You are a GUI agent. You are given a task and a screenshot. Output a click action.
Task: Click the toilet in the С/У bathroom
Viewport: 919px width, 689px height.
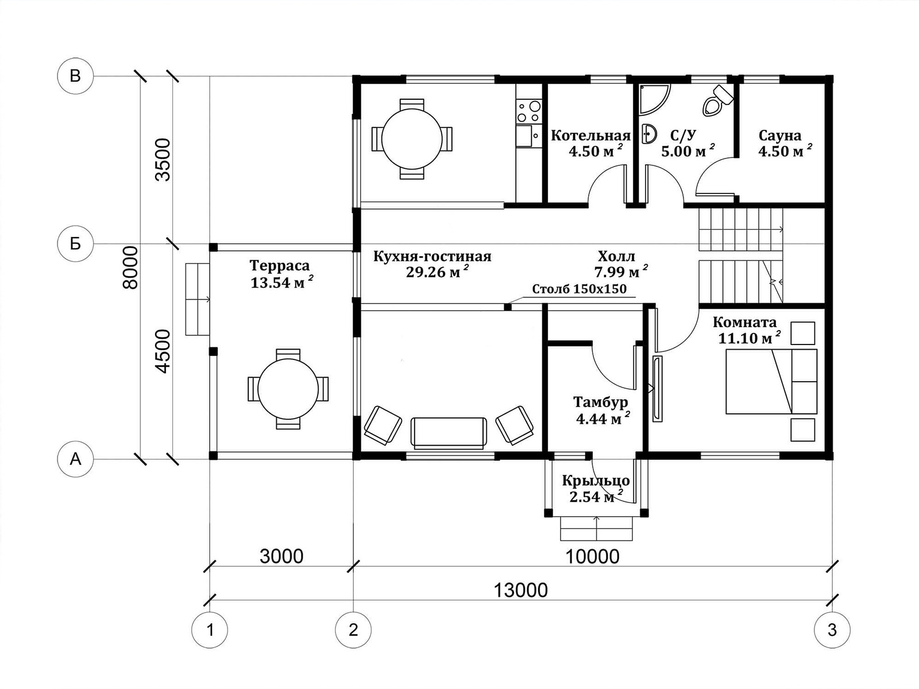[x=717, y=101]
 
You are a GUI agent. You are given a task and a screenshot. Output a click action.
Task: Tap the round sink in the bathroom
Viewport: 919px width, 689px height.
[x=647, y=134]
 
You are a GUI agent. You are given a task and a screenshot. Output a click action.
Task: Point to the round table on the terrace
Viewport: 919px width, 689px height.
[x=288, y=389]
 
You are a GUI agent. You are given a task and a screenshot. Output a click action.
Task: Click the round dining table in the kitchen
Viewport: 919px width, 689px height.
[x=412, y=138]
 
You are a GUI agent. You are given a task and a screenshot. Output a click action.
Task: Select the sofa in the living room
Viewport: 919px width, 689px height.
[x=449, y=432]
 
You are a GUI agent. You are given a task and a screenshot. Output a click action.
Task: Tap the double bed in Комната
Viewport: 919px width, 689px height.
[x=771, y=381]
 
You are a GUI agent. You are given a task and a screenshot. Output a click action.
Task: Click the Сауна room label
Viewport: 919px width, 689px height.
[x=780, y=136]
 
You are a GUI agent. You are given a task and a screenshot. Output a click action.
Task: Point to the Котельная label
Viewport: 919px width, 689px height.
[x=591, y=136]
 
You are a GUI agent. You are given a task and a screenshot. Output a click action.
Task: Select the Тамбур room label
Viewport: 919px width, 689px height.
[x=600, y=402]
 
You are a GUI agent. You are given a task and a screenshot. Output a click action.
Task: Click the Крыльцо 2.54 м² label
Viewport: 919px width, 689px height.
[x=596, y=489]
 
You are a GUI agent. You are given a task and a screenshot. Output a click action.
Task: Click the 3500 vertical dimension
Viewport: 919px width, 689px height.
[x=163, y=160]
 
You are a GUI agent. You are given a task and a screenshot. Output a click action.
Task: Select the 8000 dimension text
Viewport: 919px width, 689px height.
[x=130, y=268]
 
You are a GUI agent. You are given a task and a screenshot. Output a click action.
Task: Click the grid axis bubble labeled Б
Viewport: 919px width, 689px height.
[x=75, y=243]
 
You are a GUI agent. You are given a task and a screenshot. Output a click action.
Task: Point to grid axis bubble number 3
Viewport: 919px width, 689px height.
[x=832, y=630]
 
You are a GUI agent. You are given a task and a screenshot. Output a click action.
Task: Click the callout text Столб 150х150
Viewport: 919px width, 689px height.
[x=579, y=289]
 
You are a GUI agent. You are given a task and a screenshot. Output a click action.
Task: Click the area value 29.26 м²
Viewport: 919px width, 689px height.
[x=437, y=272]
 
